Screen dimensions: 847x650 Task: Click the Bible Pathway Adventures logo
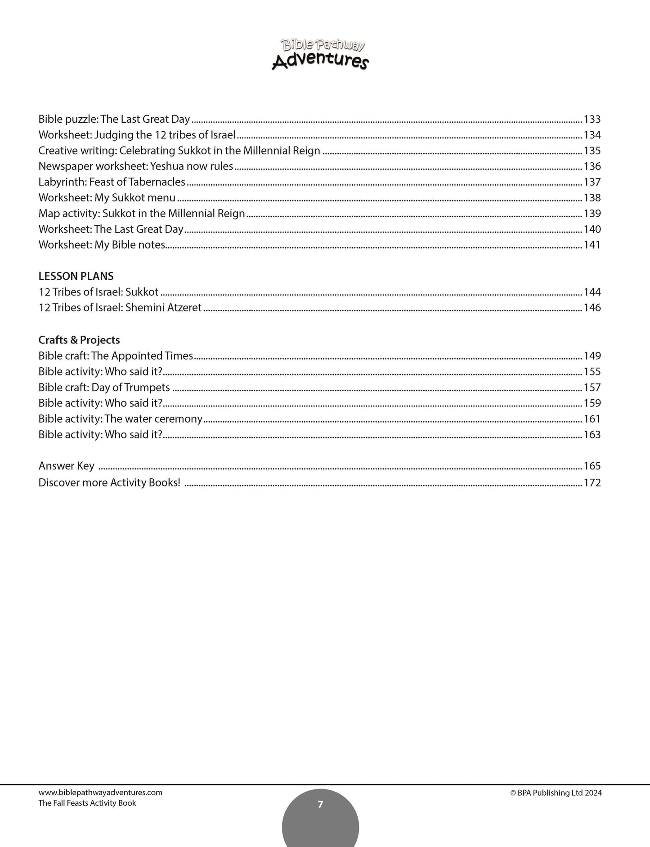(x=320, y=54)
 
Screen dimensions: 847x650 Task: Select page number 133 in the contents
(x=592, y=119)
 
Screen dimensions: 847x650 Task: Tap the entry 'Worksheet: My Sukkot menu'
(x=107, y=198)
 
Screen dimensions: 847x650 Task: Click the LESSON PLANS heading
(x=76, y=276)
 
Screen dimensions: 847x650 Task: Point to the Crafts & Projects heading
(x=79, y=340)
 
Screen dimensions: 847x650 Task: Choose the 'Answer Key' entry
(x=67, y=466)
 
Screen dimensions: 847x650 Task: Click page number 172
(x=592, y=482)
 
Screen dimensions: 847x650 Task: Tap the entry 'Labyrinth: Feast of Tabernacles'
(x=112, y=182)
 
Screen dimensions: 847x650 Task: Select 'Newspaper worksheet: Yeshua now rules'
(x=135, y=166)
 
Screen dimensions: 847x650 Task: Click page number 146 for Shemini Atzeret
(x=592, y=308)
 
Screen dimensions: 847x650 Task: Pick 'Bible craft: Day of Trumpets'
(x=104, y=387)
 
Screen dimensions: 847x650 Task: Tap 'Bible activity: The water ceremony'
(x=121, y=419)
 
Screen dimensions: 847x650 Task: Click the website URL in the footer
(x=100, y=793)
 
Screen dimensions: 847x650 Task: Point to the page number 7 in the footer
(x=320, y=804)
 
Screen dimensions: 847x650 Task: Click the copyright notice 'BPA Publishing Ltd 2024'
(x=556, y=793)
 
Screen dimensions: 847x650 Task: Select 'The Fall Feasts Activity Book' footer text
(x=87, y=803)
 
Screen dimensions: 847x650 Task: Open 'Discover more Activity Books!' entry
(x=109, y=482)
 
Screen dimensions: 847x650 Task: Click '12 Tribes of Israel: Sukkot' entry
(x=99, y=292)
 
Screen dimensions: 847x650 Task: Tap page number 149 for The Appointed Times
(x=592, y=356)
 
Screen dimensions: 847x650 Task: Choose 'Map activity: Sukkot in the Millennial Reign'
(x=142, y=214)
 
